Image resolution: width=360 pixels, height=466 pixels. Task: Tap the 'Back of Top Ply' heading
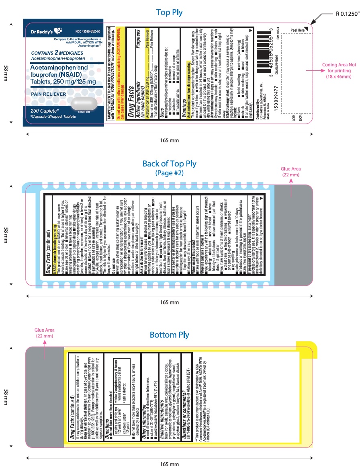click(169, 164)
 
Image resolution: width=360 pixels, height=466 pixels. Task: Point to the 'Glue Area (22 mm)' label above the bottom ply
click(45, 333)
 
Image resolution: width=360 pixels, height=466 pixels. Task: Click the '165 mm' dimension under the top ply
click(169, 140)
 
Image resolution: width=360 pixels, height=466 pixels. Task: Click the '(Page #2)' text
click(169, 173)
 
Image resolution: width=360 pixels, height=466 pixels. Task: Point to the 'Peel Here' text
click(297, 30)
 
